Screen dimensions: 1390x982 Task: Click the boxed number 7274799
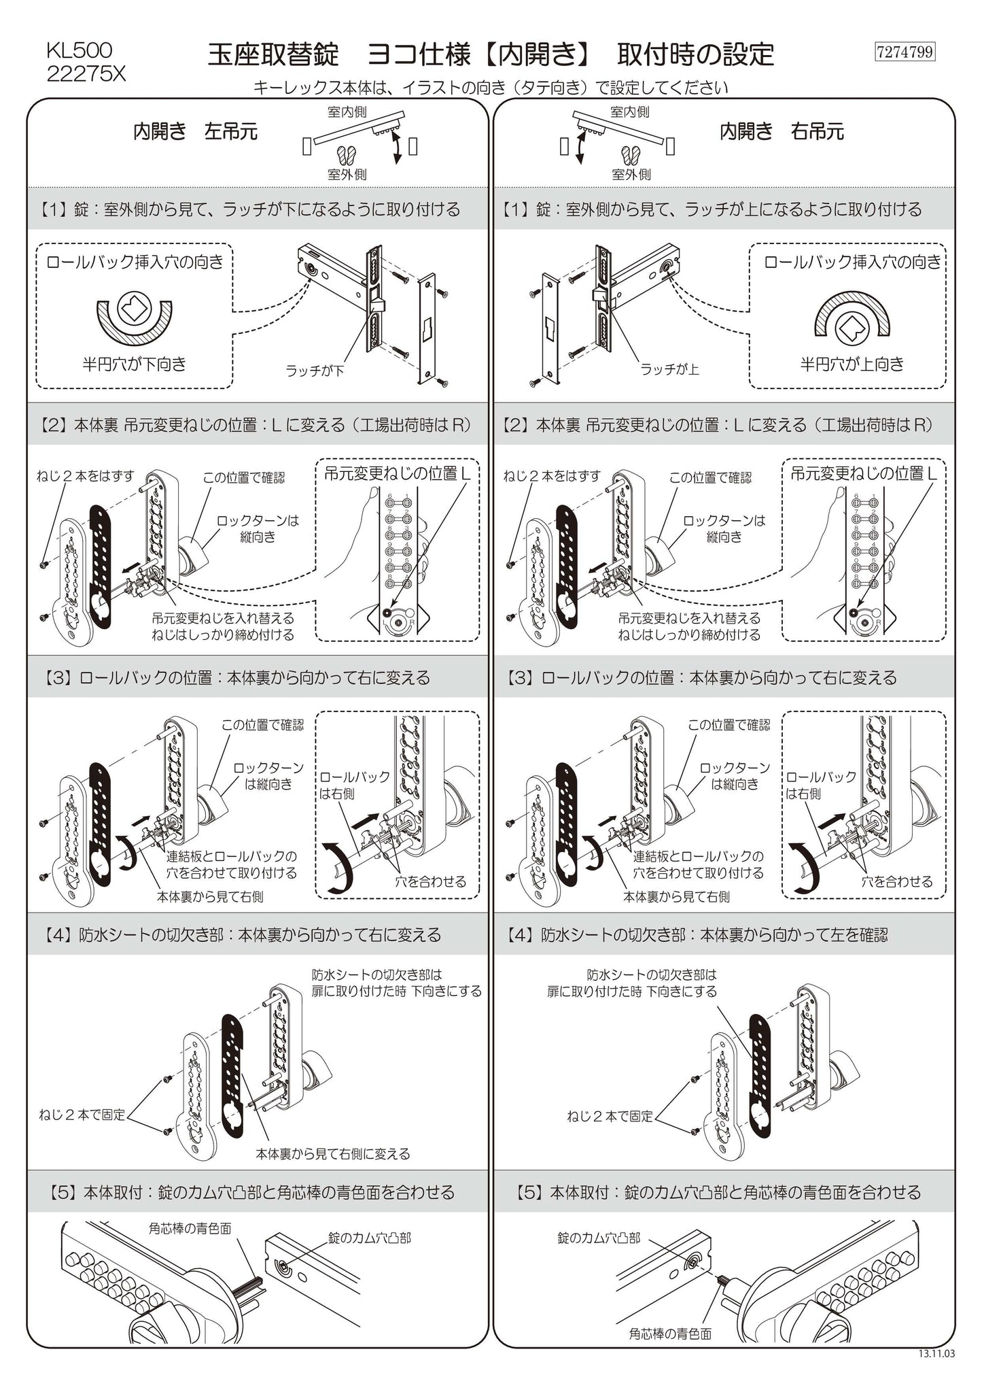(x=905, y=52)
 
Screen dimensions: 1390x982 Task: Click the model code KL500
(x=80, y=50)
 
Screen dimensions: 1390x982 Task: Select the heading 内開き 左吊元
(x=195, y=131)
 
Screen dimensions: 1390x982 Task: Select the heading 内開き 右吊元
(x=782, y=131)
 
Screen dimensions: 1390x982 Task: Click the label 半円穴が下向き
(x=134, y=365)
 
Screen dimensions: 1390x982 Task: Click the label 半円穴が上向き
(x=852, y=365)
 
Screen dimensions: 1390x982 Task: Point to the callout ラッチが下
(x=315, y=371)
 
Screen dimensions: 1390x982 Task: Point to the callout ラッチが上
(x=669, y=369)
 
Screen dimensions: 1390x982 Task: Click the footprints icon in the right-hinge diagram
(x=631, y=154)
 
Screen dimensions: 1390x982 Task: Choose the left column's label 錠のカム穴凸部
(x=370, y=1238)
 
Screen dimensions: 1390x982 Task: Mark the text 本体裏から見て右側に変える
(x=333, y=1153)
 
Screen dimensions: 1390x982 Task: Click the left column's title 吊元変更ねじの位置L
(x=397, y=473)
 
